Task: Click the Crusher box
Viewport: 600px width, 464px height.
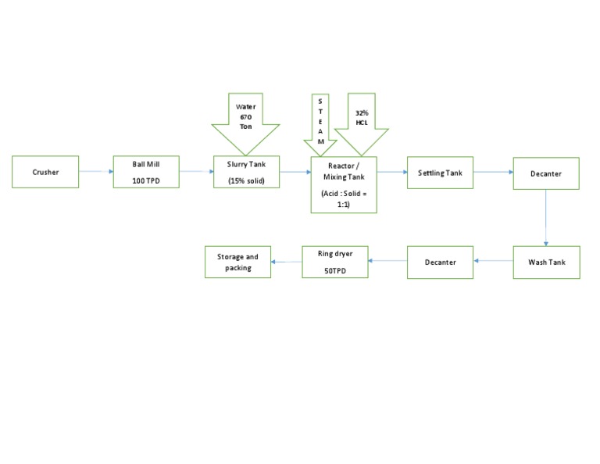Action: (x=45, y=172)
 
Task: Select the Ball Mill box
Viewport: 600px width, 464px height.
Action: (x=146, y=172)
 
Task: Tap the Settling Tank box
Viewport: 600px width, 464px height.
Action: (x=440, y=172)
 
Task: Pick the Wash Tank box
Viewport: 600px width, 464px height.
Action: (x=546, y=262)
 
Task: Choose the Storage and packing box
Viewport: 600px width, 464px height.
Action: (x=237, y=262)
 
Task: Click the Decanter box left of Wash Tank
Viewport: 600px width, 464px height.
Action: (x=440, y=262)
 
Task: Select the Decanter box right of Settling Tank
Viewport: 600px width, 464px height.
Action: (x=546, y=173)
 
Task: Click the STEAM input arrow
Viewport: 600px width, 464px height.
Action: (x=320, y=125)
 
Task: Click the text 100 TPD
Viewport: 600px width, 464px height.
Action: (x=146, y=181)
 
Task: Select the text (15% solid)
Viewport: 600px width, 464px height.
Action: (x=246, y=181)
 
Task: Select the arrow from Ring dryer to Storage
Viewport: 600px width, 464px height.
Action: (x=286, y=263)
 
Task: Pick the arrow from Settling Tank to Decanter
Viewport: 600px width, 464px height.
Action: (x=492, y=172)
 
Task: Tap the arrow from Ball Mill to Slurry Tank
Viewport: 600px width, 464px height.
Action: (x=196, y=172)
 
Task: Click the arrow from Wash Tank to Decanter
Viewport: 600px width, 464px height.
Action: (x=493, y=262)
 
